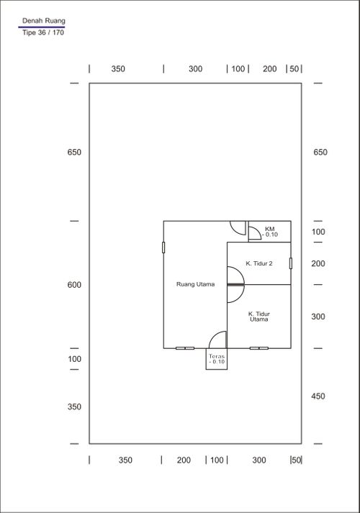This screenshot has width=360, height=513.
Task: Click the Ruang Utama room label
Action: point(195,284)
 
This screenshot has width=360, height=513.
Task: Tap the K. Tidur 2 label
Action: point(259,263)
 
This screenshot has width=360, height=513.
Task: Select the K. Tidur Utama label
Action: point(259,317)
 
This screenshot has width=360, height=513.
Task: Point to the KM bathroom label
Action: point(270,229)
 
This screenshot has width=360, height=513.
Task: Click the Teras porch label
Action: point(217,356)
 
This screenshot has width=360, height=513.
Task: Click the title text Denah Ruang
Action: point(43,21)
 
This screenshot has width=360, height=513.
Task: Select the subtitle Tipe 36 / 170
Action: point(43,32)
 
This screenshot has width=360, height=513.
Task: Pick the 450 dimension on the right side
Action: point(318,396)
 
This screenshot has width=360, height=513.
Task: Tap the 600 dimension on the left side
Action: point(74,285)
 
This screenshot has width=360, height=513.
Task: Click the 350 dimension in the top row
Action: point(118,68)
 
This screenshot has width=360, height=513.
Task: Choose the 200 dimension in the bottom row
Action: point(184,460)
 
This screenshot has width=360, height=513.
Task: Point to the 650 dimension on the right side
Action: point(320,152)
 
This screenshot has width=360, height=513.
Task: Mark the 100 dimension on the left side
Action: point(74,359)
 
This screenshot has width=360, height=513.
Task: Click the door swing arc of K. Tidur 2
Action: point(242,273)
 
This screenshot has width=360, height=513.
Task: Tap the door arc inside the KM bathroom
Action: point(258,231)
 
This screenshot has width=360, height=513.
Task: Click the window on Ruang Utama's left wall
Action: point(163,248)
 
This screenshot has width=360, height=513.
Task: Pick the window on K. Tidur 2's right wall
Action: point(291,263)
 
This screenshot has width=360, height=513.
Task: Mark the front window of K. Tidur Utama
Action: point(259,348)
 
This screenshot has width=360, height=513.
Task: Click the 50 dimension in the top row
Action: point(294,68)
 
